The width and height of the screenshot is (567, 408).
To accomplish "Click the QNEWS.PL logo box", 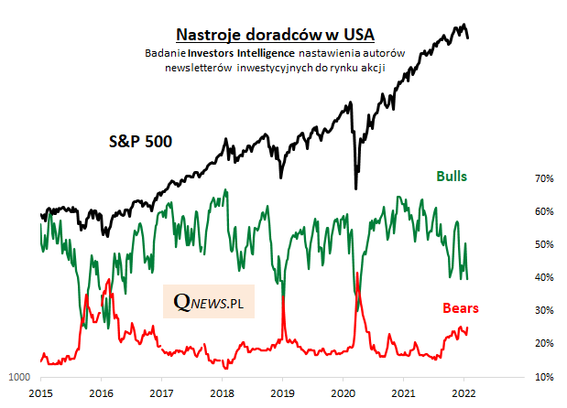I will coord(209,300).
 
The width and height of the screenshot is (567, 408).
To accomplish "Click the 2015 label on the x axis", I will coord(40,393).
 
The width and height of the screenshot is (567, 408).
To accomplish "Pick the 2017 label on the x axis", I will coord(161,393).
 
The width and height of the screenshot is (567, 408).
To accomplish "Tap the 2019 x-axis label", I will coord(281,393).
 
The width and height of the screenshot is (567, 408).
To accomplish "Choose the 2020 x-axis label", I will coord(342,393).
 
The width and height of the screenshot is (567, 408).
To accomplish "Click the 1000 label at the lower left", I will coord(19,377).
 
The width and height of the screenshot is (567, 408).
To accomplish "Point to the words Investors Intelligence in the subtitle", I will coord(234,54).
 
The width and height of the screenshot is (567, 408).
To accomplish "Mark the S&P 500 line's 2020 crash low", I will coord(355,188).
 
